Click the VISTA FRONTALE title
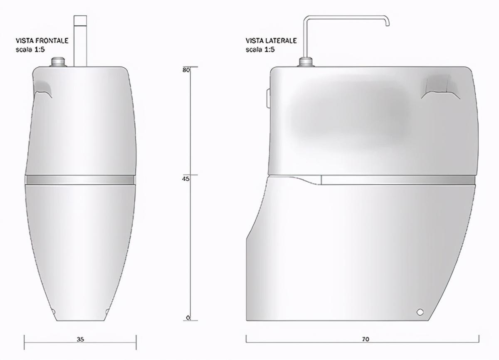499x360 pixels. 42,41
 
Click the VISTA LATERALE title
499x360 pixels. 271,41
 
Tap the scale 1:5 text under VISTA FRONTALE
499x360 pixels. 30,49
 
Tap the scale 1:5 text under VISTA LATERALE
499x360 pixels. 260,49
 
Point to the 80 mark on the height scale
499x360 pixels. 186,70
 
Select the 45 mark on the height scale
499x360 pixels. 185,179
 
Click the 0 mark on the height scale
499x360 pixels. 188,318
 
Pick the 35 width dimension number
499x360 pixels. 80,339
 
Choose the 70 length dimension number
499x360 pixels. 366,339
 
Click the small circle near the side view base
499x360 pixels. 420,312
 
